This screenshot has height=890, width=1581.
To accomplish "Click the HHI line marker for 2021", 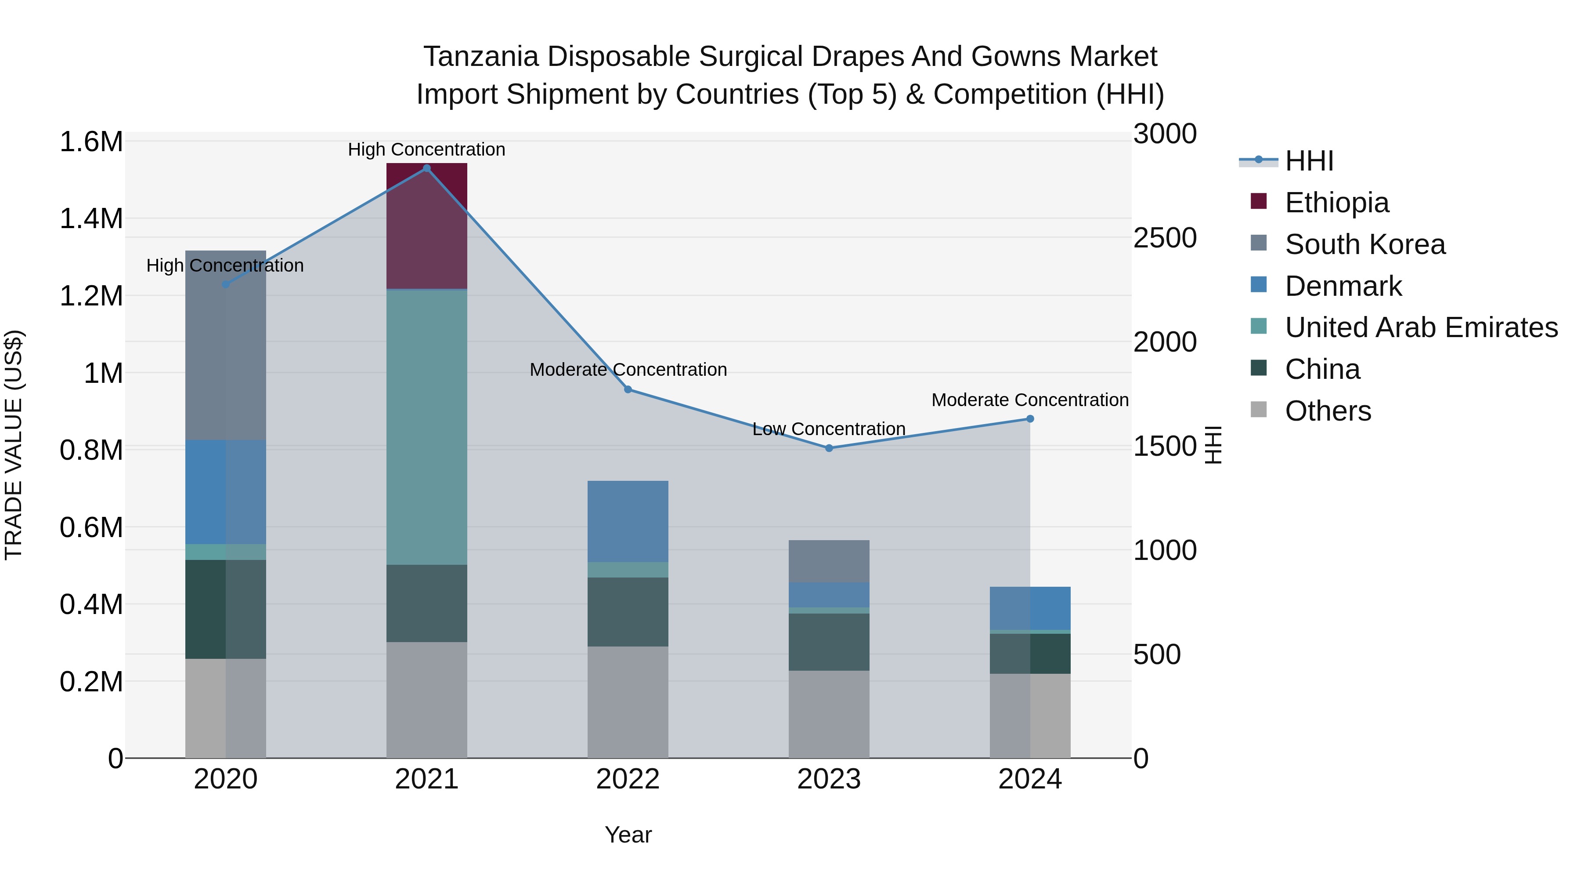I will point(426,168).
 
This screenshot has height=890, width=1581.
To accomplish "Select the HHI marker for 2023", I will point(829,448).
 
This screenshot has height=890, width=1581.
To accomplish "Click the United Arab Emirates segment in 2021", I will point(426,427).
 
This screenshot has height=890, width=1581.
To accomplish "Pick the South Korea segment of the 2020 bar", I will point(225,345).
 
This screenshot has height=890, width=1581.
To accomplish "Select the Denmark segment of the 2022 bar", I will point(627,521).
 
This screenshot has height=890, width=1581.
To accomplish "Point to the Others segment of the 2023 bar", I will point(829,714).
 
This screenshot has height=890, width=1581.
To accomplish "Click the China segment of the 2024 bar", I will point(1029,654).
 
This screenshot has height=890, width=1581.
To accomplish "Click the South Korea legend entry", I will point(1364,244).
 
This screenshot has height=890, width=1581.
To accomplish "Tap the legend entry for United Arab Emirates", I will point(1420,327).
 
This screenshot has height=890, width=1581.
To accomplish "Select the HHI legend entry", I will point(1309,161).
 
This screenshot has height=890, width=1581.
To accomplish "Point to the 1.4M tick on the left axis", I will point(91,219).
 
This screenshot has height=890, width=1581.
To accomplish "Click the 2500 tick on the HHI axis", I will point(1164,238).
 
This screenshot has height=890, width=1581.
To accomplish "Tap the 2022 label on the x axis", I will point(627,779).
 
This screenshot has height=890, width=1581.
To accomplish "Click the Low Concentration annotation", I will point(829,429).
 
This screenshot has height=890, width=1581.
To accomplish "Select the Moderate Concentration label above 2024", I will point(1029,400).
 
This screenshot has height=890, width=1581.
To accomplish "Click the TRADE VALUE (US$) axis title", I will point(14,445).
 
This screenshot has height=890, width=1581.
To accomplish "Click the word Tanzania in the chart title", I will point(480,57).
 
